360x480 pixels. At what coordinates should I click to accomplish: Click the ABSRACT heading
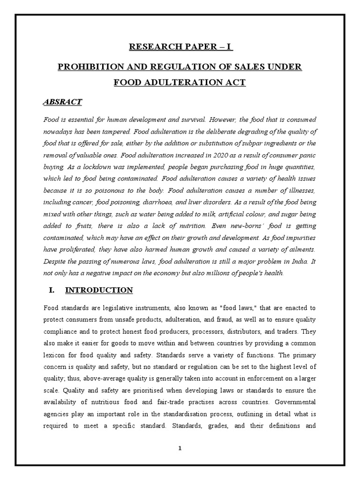click(x=63, y=102)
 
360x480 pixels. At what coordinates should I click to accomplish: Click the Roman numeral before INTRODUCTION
click(x=52, y=291)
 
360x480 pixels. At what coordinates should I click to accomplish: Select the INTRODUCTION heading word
click(x=99, y=291)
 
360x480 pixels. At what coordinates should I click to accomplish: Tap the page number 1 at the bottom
click(x=180, y=448)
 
